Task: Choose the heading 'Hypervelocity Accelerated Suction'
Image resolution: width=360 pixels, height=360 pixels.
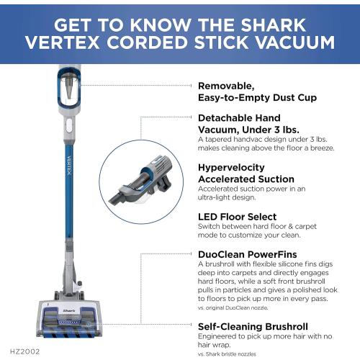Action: pos(246,173)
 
